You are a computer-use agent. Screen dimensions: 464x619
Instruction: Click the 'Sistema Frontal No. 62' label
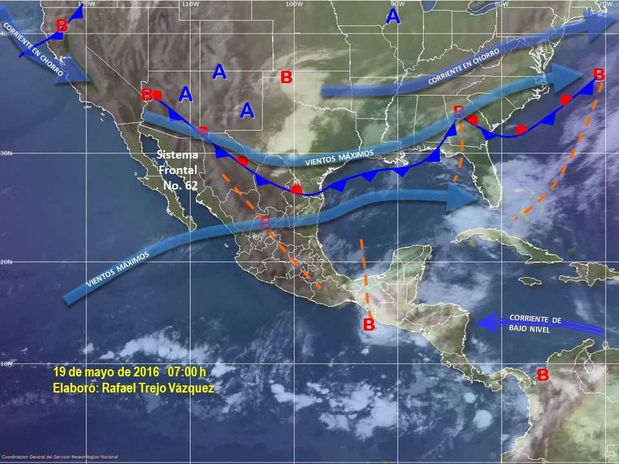click(x=177, y=169)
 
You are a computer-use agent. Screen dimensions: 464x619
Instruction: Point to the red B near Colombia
click(x=543, y=374)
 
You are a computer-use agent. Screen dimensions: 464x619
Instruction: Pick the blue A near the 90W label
click(x=393, y=17)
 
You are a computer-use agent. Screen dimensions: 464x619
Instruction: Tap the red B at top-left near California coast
click(x=61, y=26)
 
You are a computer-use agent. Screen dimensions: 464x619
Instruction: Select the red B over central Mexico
click(x=265, y=224)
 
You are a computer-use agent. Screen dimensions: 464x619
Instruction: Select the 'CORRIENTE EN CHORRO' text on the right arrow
click(x=464, y=68)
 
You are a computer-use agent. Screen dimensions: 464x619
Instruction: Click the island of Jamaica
click(x=530, y=281)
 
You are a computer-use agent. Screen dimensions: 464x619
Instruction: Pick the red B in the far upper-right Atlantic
click(x=599, y=73)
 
